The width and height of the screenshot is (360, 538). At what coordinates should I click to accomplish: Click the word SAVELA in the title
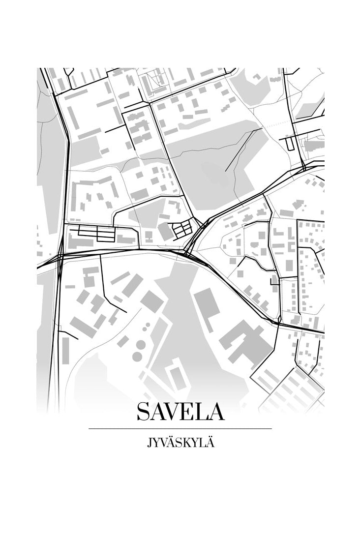(180, 412)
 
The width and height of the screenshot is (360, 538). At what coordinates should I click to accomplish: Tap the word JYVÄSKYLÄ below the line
(180, 443)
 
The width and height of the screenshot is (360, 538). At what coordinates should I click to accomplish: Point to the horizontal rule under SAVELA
(180, 429)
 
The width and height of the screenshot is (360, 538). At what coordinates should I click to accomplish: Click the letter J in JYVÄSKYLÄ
(149, 444)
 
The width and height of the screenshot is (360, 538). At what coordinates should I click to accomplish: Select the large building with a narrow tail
(207, 305)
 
